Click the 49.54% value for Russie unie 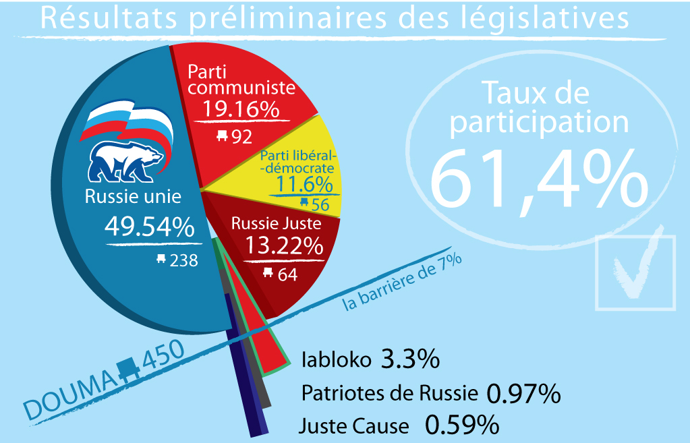tap(149, 227)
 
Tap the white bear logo tap(127, 162)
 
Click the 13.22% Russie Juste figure tap(283, 246)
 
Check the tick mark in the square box tap(634, 271)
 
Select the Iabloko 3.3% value tap(410, 359)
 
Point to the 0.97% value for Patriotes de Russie tap(523, 393)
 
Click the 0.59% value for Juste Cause tap(463, 425)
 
